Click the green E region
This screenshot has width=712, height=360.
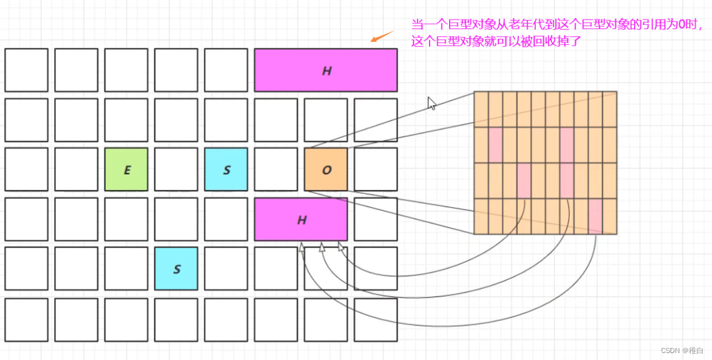click(x=126, y=169)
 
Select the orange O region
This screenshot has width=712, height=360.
click(x=326, y=169)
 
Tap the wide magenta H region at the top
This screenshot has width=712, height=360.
click(x=326, y=70)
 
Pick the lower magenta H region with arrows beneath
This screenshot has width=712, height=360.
click(x=301, y=219)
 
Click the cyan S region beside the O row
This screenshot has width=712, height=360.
click(x=226, y=169)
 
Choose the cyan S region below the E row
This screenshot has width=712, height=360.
click(x=176, y=269)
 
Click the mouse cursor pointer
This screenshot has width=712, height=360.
click(x=431, y=103)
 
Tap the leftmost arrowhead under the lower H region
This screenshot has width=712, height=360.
click(x=303, y=249)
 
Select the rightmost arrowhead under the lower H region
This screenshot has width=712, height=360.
click(x=341, y=247)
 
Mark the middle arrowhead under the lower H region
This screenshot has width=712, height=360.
click(x=322, y=248)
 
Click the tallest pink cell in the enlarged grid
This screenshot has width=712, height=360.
click(x=567, y=162)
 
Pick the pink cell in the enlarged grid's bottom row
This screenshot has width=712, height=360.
click(x=595, y=216)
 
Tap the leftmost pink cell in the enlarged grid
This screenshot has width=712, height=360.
click(x=496, y=145)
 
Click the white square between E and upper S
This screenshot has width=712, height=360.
click(x=176, y=169)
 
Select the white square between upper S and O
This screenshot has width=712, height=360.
click(x=276, y=169)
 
